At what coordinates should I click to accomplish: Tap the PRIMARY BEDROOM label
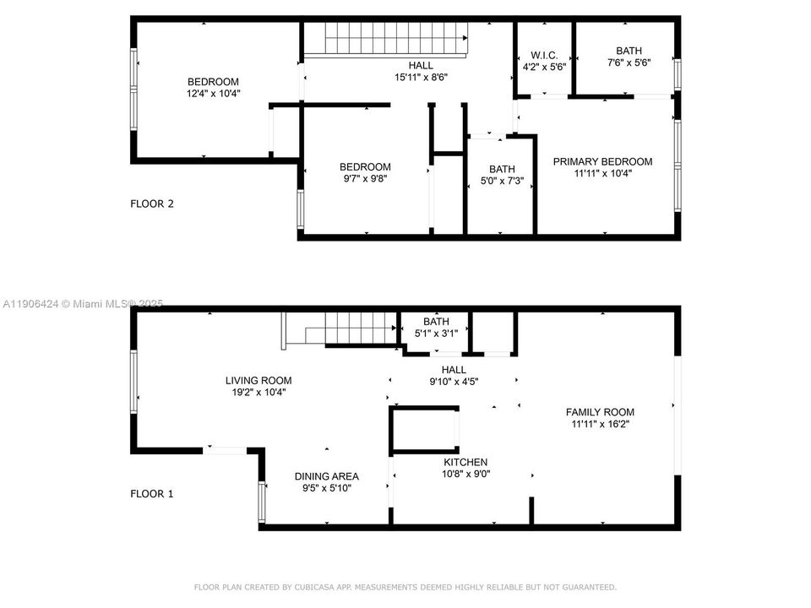click(602, 161)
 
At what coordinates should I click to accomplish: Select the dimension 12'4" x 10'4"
click(213, 94)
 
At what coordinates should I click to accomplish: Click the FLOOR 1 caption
click(151, 493)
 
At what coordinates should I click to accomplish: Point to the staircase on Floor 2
click(385, 38)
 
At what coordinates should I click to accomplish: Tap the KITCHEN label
click(465, 462)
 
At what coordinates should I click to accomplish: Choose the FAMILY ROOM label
click(600, 412)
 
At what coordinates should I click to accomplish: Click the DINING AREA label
click(327, 476)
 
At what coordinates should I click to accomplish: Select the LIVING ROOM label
click(259, 380)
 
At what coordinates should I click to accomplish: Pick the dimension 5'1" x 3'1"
click(436, 334)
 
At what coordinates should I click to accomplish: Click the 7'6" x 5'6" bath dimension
click(629, 63)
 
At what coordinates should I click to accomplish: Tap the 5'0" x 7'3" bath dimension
click(501, 181)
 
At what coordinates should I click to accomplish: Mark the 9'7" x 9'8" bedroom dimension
click(365, 178)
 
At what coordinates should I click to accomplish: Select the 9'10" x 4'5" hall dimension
click(454, 381)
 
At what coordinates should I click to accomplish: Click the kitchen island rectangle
click(424, 429)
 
